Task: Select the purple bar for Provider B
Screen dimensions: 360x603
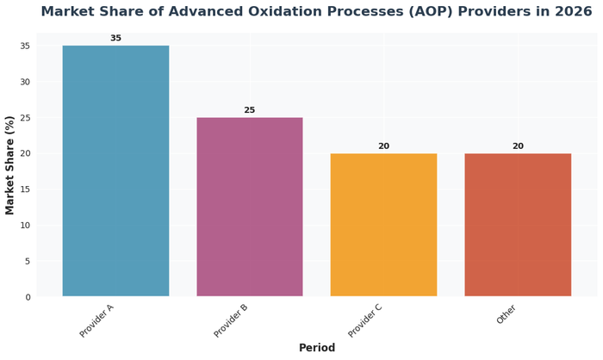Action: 250,207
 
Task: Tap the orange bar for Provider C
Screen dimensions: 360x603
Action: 383,225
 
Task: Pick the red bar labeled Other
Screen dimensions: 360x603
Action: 518,225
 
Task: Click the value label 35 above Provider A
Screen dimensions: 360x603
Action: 115,38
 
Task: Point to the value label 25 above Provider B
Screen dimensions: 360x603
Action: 250,110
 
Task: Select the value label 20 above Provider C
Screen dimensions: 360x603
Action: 383,146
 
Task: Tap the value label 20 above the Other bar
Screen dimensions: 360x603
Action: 518,146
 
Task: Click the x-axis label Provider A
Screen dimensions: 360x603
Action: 97,320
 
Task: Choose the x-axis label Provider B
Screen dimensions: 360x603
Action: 232,320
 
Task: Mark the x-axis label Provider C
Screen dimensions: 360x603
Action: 366,320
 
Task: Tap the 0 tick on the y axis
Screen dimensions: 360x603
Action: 28,297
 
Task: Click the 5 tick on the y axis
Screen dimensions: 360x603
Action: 28,261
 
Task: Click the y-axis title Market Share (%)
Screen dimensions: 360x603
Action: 10,164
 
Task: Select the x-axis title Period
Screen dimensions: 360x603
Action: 317,348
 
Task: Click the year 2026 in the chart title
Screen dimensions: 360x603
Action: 571,12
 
